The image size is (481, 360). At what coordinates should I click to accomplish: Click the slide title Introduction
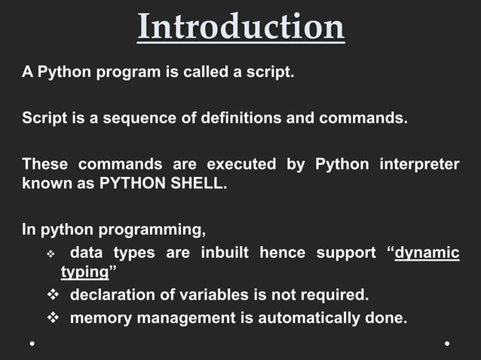click(x=241, y=27)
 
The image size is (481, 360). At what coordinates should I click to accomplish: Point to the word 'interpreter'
click(x=420, y=163)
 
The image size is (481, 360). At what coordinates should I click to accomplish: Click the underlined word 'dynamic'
click(x=427, y=252)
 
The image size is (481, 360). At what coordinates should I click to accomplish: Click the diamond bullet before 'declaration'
click(x=54, y=294)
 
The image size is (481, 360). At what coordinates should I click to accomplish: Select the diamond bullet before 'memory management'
click(x=54, y=318)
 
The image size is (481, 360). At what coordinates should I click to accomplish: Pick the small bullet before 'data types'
click(x=51, y=254)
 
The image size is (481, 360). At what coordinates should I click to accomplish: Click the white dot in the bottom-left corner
click(x=32, y=343)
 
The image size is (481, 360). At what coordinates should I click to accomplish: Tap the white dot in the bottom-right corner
click(x=447, y=343)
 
